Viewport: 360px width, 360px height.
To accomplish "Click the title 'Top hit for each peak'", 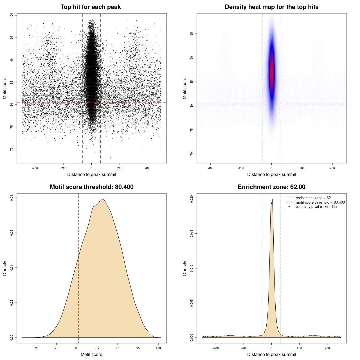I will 91,7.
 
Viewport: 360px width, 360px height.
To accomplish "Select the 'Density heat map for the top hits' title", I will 271,7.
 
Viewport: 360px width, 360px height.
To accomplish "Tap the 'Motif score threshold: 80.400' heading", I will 91,187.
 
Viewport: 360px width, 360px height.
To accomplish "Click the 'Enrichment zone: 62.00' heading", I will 271,187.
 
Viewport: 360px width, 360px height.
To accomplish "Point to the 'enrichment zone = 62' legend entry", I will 313,198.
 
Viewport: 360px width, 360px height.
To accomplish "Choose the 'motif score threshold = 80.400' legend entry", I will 320,202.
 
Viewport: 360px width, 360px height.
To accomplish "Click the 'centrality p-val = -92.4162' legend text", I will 316,207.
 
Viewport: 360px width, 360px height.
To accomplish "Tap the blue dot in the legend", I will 289,207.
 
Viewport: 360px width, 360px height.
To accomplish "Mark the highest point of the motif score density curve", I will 103,199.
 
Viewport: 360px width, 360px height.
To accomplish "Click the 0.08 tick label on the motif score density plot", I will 12,198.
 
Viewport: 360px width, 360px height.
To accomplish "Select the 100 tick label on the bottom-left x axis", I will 158,348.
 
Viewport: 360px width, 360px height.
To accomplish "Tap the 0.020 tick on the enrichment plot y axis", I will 192,199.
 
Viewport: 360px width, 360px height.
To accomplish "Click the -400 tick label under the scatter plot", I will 35,168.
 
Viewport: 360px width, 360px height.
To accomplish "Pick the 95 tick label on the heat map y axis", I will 192,34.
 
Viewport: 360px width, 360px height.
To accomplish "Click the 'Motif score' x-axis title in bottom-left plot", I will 91,354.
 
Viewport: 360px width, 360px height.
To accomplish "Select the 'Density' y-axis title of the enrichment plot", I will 185,268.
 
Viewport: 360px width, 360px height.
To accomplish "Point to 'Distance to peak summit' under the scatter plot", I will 92,174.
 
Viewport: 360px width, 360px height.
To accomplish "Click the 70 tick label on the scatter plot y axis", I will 12,149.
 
